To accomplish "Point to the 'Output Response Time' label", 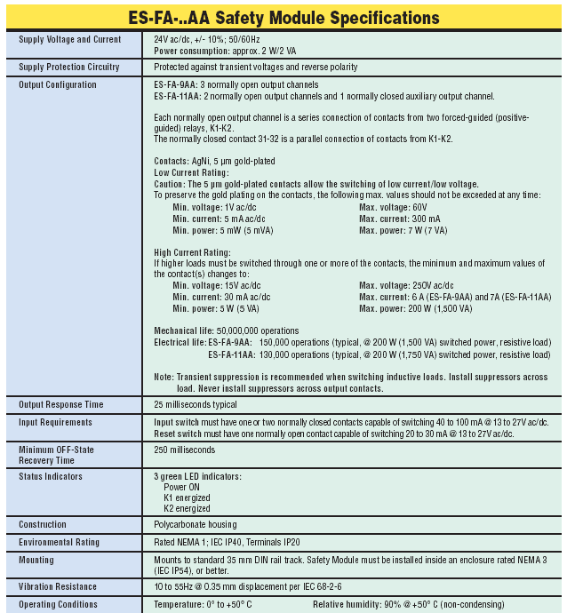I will click(61, 405).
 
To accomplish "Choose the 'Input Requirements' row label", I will click(55, 422).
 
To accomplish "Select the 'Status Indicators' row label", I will click(51, 476).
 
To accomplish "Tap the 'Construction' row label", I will click(44, 524).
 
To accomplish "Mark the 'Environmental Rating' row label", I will click(59, 542).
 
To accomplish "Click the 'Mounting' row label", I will click(36, 560).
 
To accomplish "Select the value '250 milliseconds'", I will click(186, 450).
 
